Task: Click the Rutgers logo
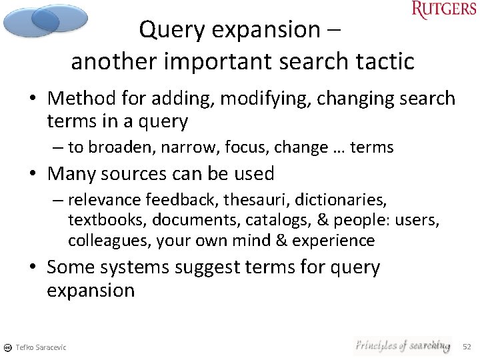(443, 10)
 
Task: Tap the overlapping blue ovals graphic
(45, 20)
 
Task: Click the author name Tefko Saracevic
(41, 347)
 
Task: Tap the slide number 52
(467, 347)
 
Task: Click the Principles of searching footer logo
(402, 345)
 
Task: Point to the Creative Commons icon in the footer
(7, 347)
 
